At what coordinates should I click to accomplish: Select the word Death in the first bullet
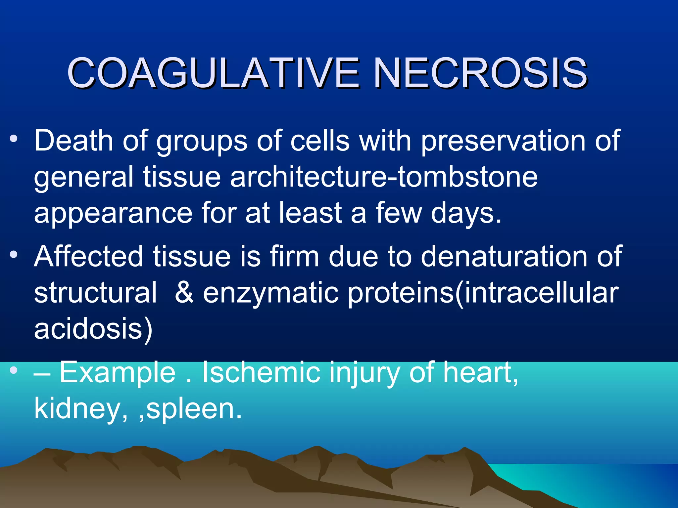(74, 141)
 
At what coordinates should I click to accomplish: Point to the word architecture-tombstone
(384, 177)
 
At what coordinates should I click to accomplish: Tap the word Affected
(89, 256)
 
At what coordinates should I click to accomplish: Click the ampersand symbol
(184, 292)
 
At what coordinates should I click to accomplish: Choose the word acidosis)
(93, 329)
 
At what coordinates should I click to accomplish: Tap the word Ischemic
(261, 372)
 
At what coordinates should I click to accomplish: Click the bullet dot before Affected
(14, 255)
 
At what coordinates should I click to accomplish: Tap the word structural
(95, 292)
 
